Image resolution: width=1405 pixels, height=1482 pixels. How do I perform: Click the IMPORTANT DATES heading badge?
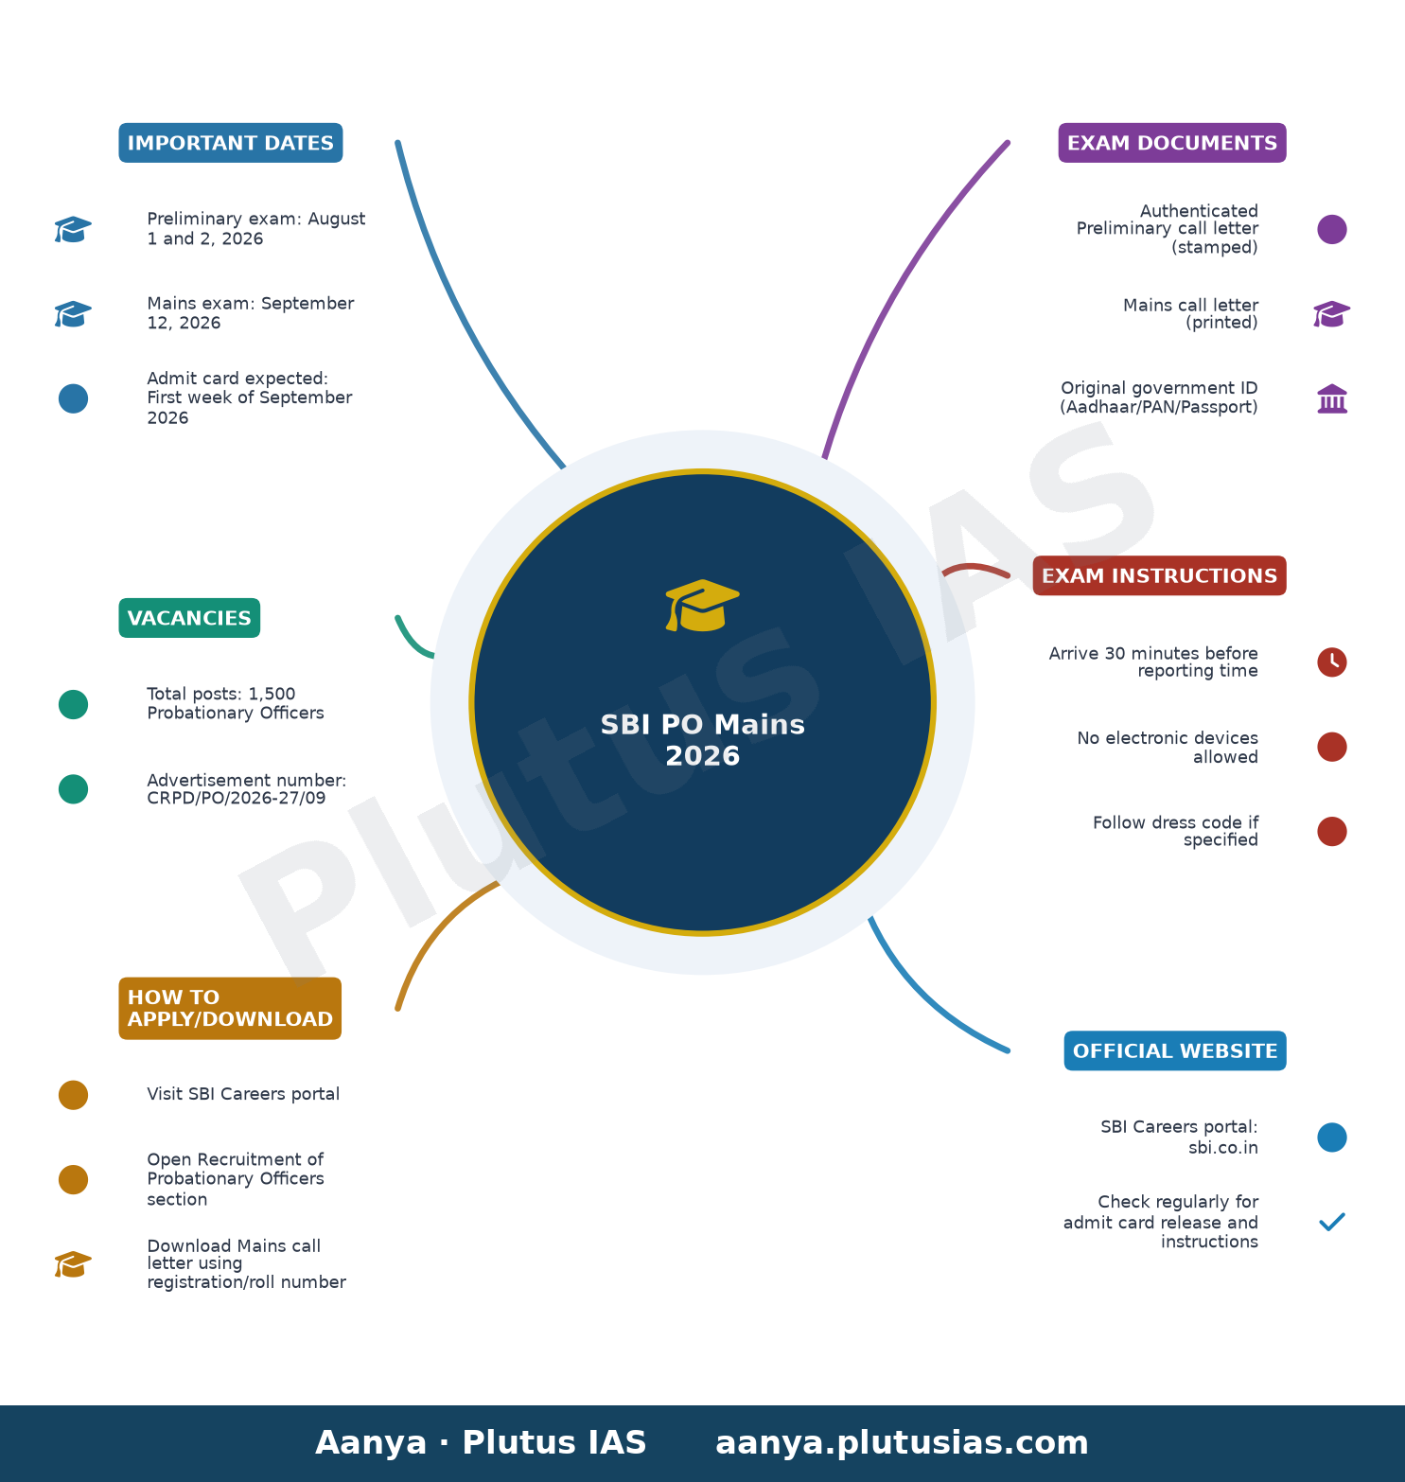pos(231,143)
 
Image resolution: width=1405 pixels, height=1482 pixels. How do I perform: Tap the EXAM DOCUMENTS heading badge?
pos(1172,143)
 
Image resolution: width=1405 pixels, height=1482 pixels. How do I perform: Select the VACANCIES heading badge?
pos(189,618)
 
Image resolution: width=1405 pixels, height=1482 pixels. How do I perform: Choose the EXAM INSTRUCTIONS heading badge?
pos(1160,575)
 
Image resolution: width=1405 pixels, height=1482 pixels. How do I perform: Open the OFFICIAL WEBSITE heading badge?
pos(1175,1050)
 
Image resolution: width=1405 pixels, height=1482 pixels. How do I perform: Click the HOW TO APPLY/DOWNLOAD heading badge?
pos(230,1009)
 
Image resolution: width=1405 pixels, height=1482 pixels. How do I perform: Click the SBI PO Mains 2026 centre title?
pos(703,740)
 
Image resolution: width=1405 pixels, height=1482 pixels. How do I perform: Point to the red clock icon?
pos(1332,662)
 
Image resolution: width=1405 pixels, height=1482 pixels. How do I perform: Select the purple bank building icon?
pos(1332,398)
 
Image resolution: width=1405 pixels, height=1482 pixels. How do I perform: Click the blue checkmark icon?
pos(1332,1222)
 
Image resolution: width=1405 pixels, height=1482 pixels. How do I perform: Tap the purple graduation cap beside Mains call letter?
pos(1332,314)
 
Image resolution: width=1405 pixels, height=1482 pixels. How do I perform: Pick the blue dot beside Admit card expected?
pos(73,398)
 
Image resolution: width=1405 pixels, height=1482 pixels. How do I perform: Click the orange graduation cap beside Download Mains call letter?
pos(73,1264)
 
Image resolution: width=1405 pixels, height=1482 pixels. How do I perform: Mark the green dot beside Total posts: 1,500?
pos(73,704)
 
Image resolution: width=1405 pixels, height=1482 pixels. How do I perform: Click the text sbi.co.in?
pos(1223,1148)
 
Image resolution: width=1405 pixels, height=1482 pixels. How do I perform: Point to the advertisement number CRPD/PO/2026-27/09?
pos(237,798)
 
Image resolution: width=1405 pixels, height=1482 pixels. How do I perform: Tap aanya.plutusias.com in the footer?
pos(902,1443)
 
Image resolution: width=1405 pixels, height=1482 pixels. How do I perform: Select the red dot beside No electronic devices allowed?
pos(1332,747)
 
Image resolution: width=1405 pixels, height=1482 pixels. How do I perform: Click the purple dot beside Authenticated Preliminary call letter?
pos(1332,229)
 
